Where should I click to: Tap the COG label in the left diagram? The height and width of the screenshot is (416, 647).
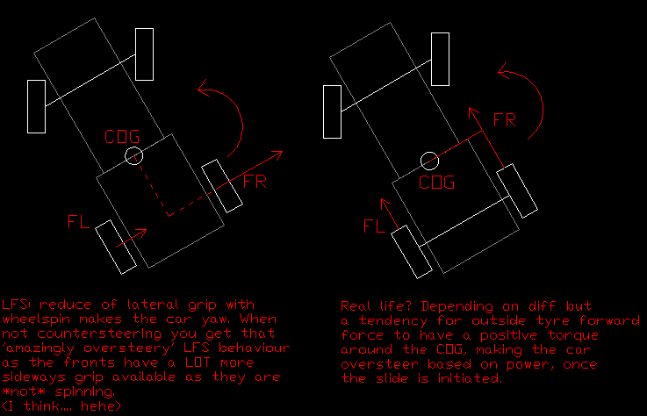pos(122,137)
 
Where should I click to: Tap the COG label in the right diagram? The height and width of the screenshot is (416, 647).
pos(436,183)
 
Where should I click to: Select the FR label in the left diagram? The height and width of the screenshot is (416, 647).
pos(255,182)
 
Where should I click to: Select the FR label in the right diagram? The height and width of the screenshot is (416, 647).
pos(505,120)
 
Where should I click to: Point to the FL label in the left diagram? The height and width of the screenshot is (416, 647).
pos(78,222)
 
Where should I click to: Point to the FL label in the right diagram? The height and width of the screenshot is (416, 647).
pos(374,226)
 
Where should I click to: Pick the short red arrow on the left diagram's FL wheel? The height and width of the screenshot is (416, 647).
pos(131,238)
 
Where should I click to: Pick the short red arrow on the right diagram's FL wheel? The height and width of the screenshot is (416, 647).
pos(390,214)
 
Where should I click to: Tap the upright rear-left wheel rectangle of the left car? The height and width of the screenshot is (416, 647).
pos(36,106)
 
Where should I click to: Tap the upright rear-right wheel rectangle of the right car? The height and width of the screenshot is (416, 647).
pos(441,59)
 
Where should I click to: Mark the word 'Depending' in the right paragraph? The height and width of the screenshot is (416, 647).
pos(456,306)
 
